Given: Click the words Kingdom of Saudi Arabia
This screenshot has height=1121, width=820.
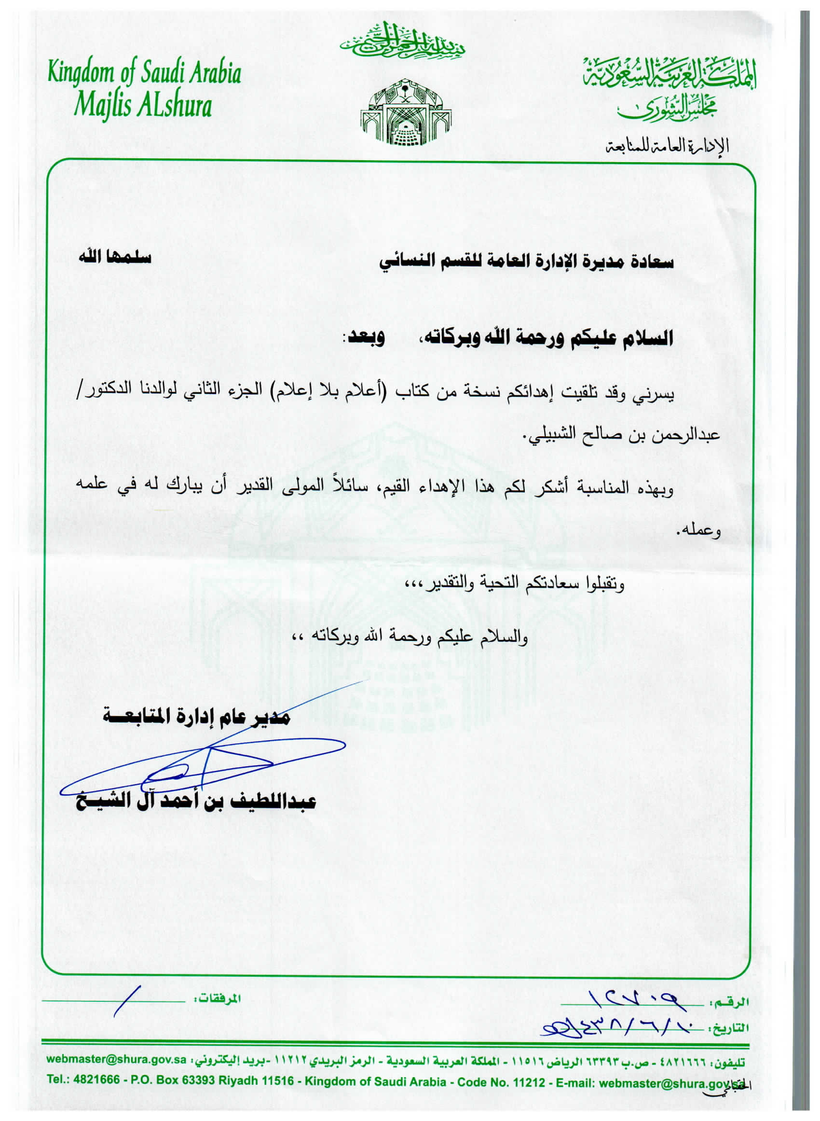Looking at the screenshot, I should [144, 73].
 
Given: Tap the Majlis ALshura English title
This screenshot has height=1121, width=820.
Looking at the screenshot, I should [143, 106].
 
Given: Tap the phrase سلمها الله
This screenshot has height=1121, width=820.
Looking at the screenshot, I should [115, 259].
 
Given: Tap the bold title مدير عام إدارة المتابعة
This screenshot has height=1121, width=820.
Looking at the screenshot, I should [196, 718].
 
